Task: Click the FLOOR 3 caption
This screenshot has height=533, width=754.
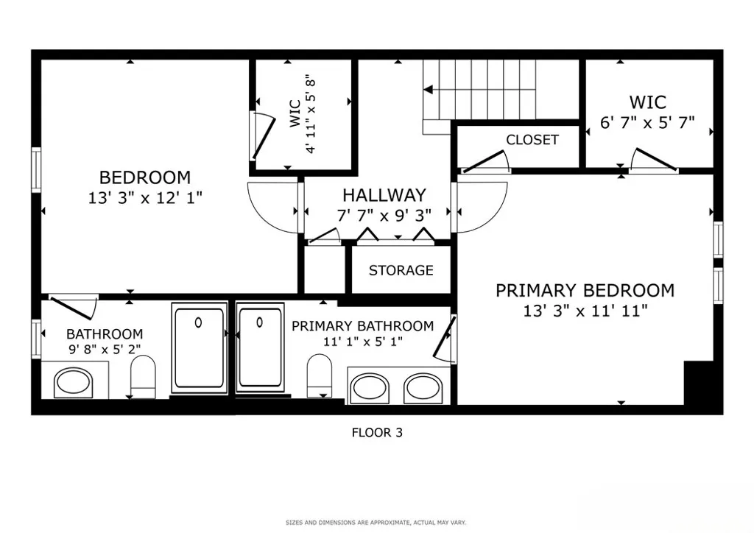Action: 376,433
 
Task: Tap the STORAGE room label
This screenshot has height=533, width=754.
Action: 401,270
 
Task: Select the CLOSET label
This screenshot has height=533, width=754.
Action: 532,140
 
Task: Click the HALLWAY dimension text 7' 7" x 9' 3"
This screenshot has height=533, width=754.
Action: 384,214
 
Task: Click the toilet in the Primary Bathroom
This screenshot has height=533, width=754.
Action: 320,374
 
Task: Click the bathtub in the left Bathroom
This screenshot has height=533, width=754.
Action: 199,348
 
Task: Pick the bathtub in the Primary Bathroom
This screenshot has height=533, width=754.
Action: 260,348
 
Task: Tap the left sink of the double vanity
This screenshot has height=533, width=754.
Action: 370,388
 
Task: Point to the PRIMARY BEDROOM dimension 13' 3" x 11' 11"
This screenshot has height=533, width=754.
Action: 585,311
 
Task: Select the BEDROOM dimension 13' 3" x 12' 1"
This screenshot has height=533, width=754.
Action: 145,197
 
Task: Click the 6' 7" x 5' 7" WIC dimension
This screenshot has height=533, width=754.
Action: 647,122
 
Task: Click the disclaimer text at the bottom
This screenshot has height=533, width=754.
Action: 376,523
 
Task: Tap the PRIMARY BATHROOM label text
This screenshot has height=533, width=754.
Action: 362,326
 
